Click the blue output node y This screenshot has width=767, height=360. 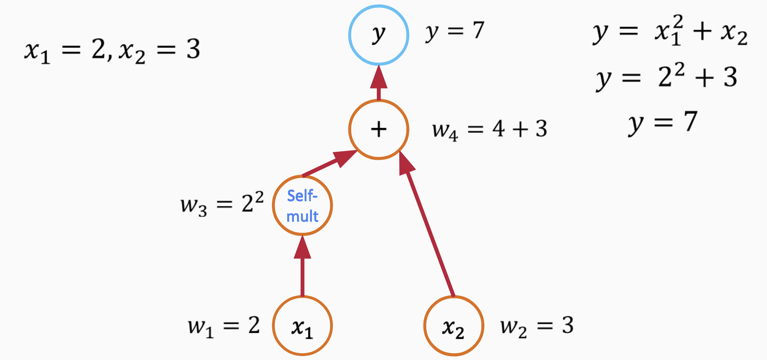(379, 35)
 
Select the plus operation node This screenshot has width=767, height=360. (379, 129)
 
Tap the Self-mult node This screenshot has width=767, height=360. (302, 205)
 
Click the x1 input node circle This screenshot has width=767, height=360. (302, 326)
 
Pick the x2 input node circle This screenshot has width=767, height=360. (453, 326)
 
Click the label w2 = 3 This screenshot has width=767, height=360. (537, 327)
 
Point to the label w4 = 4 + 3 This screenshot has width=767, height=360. (489, 130)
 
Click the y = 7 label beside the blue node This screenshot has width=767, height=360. (455, 31)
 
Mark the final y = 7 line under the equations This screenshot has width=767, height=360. (663, 122)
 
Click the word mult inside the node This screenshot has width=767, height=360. (302, 217)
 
